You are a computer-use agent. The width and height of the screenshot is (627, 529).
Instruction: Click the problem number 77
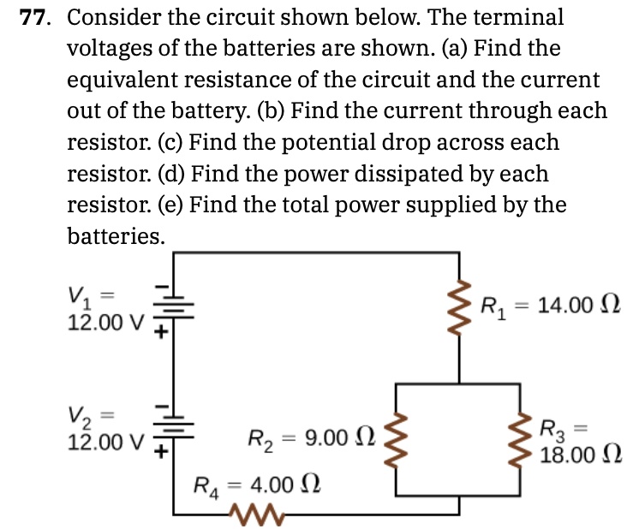tap(39, 17)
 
